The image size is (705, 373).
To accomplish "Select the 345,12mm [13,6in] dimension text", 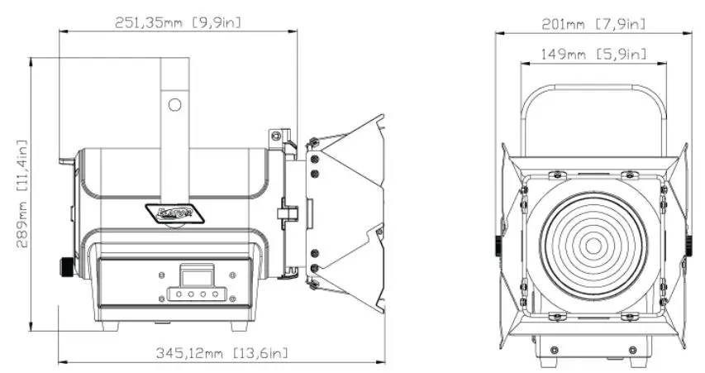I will tap(222, 353).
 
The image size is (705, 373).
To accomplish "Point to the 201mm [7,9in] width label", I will tap(594, 24).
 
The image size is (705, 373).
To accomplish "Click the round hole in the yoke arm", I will tap(174, 105).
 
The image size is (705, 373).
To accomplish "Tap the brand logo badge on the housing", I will tap(174, 213).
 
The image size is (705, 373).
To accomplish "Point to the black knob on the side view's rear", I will tap(65, 269).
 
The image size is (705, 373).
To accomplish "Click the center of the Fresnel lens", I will tap(593, 246).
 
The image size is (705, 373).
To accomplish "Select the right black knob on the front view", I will tap(689, 245).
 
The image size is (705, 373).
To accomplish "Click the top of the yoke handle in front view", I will tap(593, 87).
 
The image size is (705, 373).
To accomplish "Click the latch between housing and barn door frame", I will tap(285, 213).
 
